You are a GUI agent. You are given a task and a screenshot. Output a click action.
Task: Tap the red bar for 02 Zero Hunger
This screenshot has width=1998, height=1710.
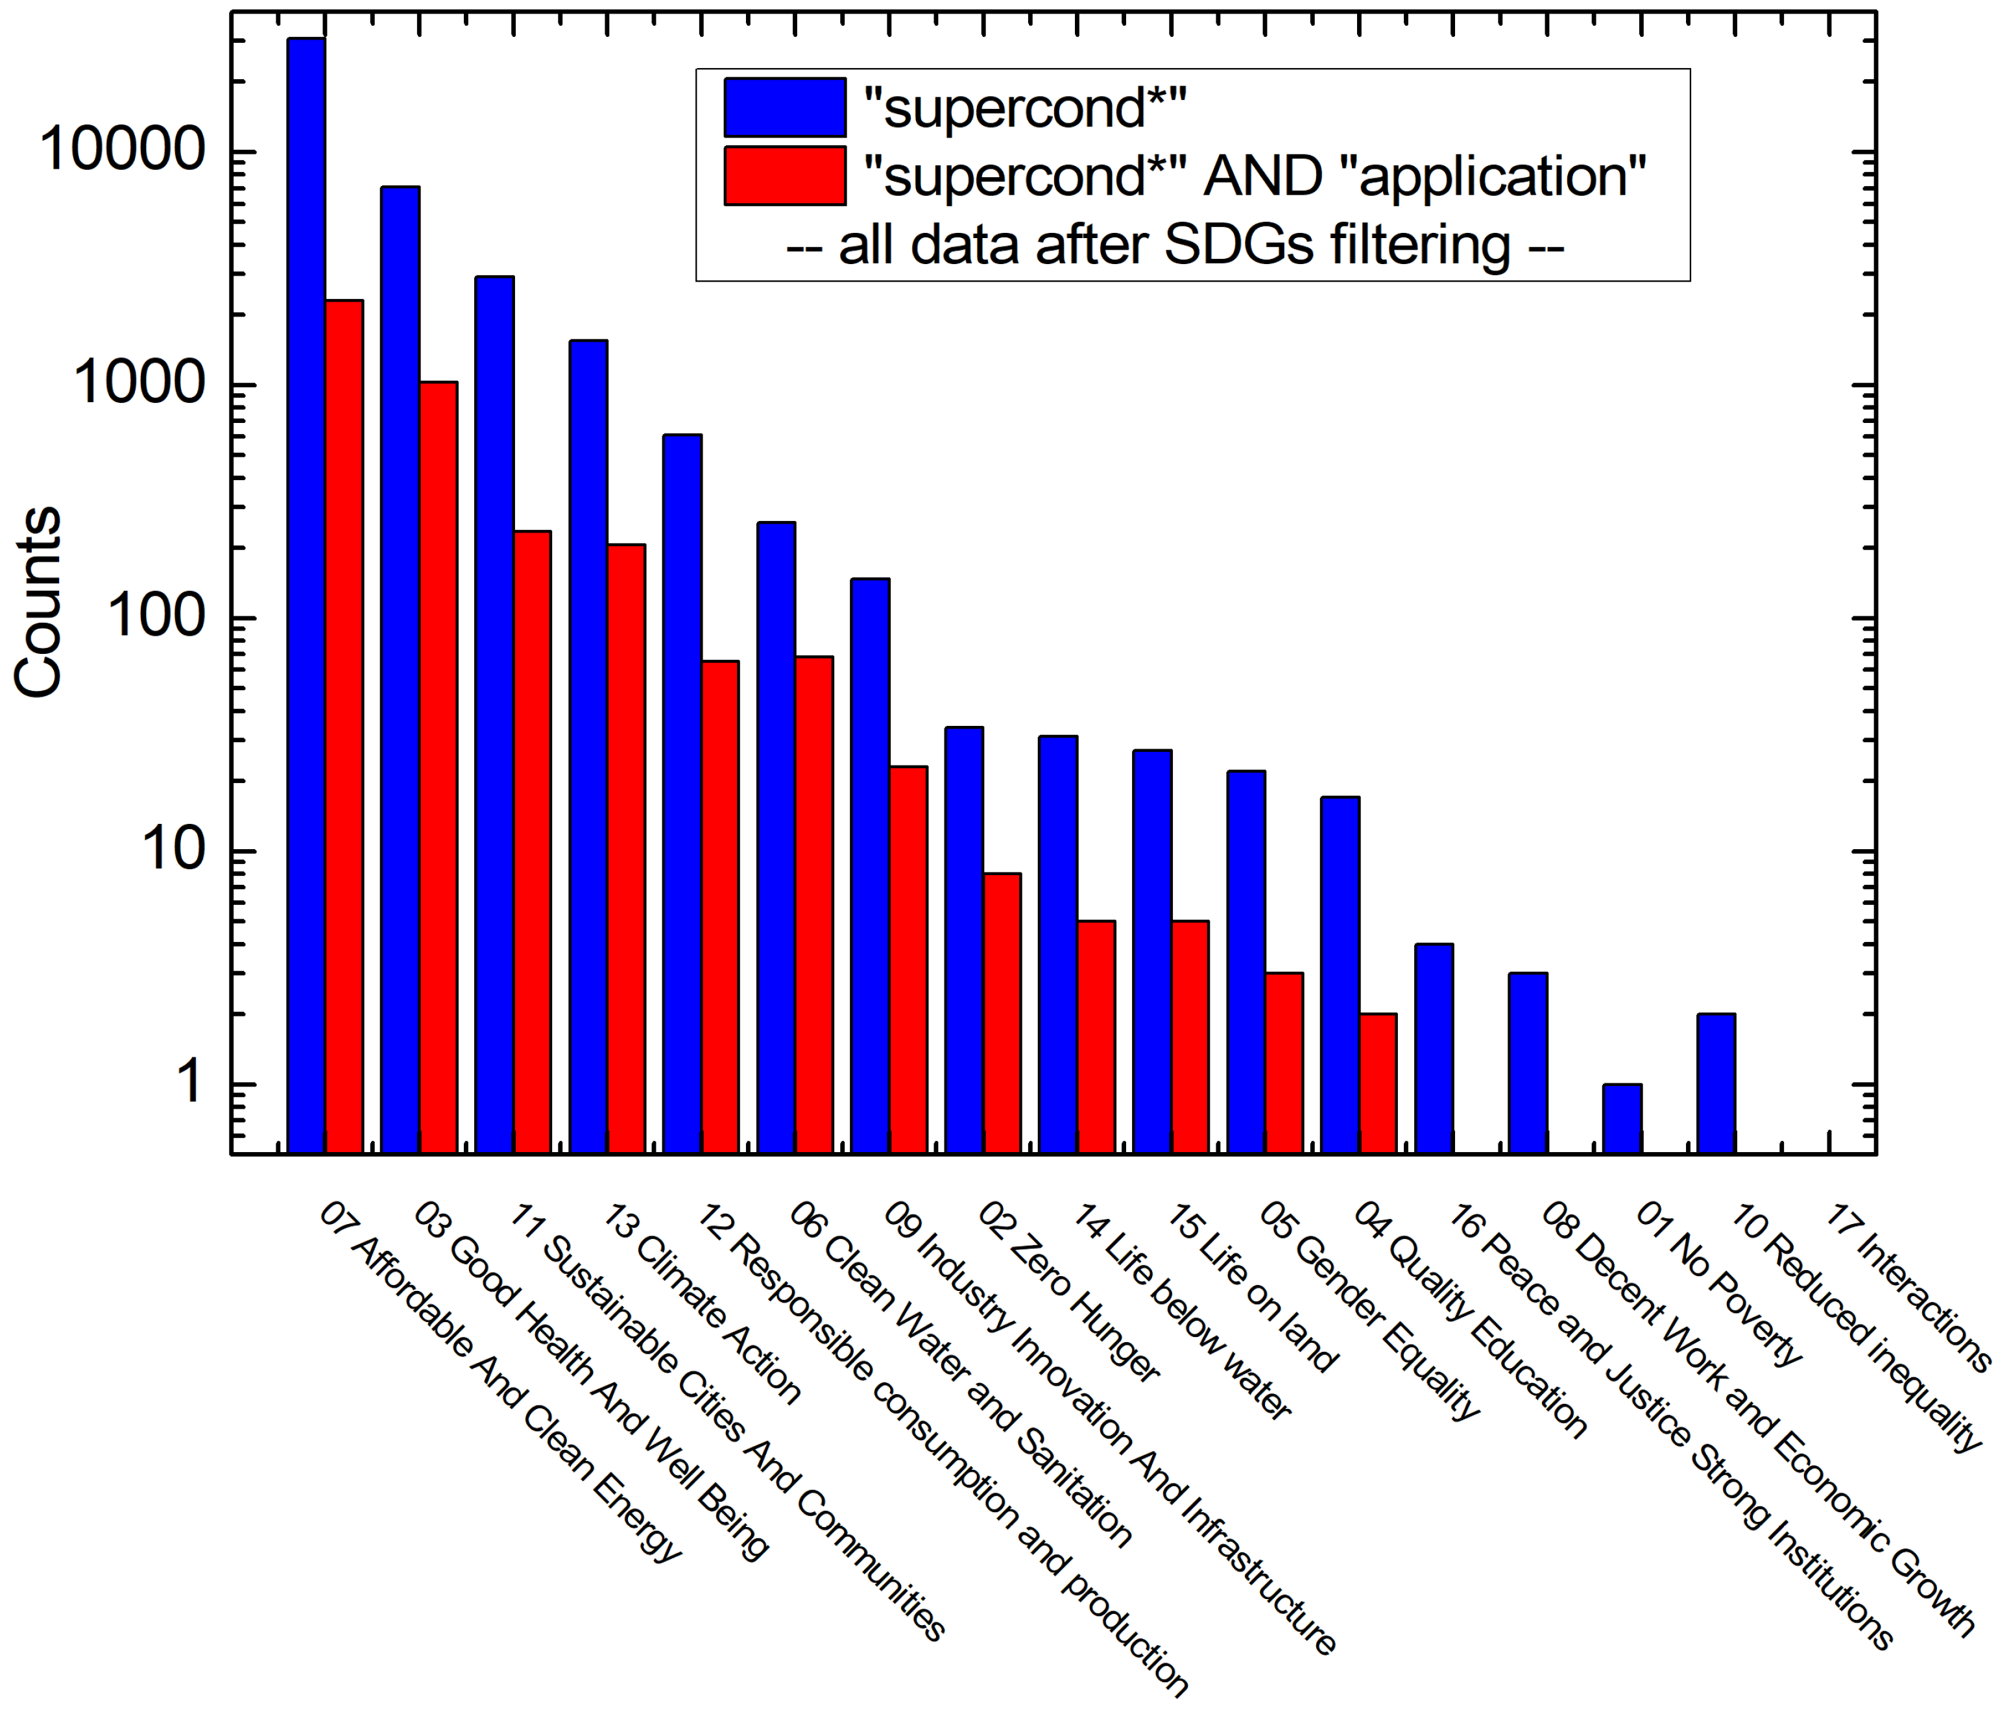1001,1013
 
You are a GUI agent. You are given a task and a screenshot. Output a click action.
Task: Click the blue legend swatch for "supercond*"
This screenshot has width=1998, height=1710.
785,107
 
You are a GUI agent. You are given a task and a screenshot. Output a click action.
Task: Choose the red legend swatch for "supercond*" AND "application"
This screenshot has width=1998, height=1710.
785,176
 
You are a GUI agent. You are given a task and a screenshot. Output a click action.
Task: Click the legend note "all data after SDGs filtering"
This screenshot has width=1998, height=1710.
1175,245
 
